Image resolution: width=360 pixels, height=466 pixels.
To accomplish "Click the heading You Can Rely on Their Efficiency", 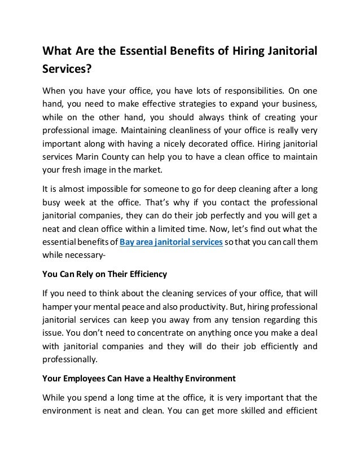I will click(x=105, y=275).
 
